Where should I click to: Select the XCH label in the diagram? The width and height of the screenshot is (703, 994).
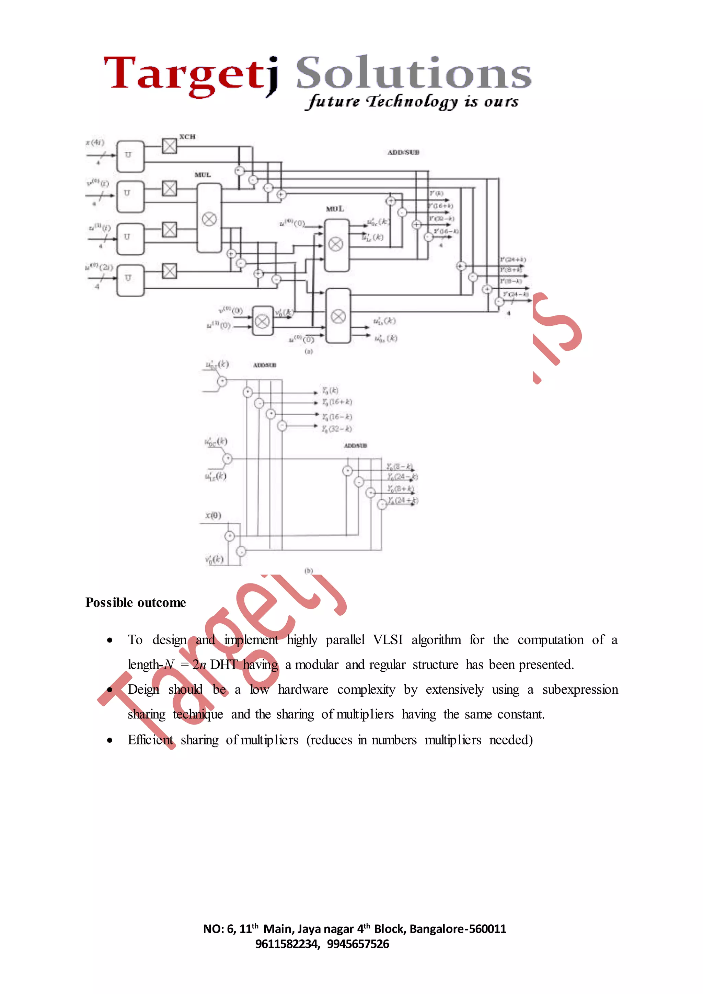[187, 137]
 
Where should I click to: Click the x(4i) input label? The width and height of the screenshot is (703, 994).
[95, 142]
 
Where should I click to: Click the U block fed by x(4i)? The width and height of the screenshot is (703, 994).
[130, 156]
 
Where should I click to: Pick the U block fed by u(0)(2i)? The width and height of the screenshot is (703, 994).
[130, 280]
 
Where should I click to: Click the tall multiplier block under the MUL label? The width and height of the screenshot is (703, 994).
[209, 219]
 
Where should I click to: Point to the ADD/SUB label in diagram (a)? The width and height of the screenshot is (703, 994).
[403, 152]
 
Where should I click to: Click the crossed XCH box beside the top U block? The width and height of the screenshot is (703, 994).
[169, 146]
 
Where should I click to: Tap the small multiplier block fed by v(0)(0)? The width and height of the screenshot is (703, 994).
[262, 321]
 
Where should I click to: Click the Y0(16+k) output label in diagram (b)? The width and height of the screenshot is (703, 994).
[337, 402]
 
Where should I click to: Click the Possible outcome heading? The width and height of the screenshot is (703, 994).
[136, 602]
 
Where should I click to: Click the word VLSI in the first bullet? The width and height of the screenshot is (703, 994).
[388, 640]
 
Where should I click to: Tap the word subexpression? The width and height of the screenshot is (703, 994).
[580, 690]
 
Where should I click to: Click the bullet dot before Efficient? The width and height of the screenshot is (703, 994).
[110, 740]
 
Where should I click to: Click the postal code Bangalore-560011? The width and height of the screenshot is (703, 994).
[458, 929]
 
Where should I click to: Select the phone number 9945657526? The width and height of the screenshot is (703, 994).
[358, 944]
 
